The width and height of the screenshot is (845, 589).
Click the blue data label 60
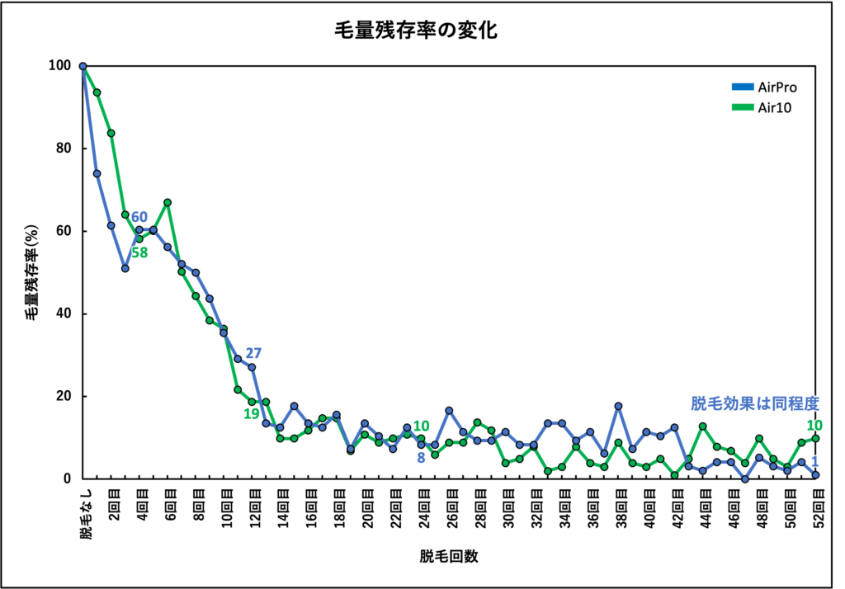click(139, 217)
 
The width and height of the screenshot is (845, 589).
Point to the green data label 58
click(139, 252)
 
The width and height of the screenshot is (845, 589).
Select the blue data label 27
click(253, 352)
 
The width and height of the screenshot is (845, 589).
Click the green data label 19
click(251, 413)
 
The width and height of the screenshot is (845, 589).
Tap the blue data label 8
click(421, 457)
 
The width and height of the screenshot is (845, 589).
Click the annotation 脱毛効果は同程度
click(754, 403)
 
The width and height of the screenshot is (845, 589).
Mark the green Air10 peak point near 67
click(168, 202)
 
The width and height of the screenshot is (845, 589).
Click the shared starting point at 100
click(83, 66)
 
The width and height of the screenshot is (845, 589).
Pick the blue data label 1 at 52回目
click(814, 462)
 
